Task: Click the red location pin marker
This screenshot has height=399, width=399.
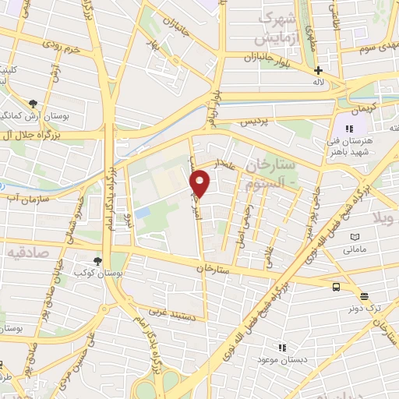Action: [201, 182]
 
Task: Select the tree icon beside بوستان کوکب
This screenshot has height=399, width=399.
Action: [97, 262]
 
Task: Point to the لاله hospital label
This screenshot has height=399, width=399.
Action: [318, 81]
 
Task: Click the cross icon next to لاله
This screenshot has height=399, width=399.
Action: [318, 70]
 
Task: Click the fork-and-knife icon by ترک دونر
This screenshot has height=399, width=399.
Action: [363, 294]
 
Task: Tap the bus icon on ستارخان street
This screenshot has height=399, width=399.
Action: [336, 287]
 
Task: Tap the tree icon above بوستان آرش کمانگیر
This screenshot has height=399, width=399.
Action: [33, 104]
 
